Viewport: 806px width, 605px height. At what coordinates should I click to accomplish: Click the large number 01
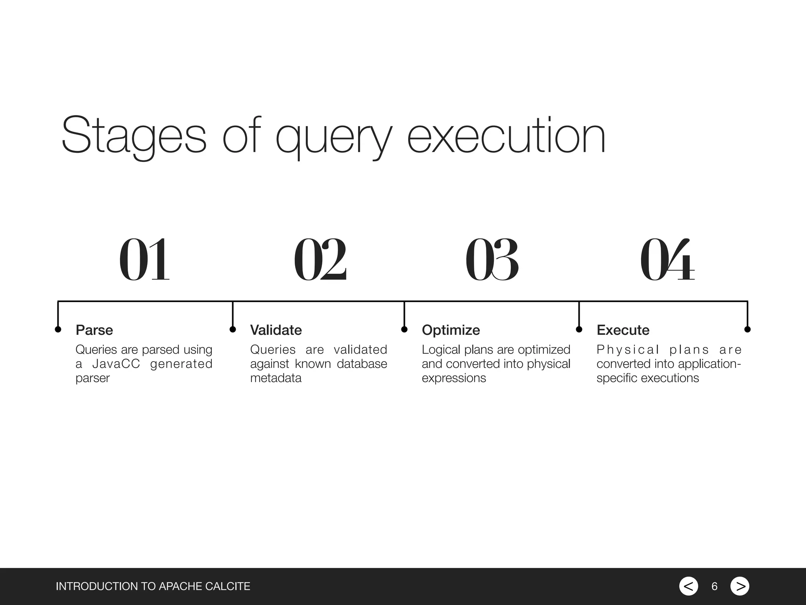tap(144, 260)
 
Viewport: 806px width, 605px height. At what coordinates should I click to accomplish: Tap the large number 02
tap(320, 260)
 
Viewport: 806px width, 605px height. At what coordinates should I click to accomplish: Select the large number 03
tap(492, 260)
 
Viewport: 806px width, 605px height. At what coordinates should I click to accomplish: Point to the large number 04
tap(667, 260)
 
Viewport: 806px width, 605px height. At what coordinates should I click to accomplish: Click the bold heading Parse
tap(94, 330)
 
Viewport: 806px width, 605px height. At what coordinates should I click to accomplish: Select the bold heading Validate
tap(276, 330)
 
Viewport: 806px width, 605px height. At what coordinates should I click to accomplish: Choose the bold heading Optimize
tap(451, 330)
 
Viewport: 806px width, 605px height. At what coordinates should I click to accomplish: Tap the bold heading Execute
tap(623, 330)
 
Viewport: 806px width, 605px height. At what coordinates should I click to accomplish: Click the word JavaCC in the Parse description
tap(116, 364)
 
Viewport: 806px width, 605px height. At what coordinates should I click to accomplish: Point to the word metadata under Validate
tap(275, 378)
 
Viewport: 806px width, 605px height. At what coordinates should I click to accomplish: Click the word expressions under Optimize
tap(454, 378)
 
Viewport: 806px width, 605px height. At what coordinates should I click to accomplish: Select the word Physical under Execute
tap(628, 350)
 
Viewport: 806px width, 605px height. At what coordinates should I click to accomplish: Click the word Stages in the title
tap(134, 136)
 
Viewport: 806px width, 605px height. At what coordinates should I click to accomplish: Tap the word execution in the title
tap(506, 136)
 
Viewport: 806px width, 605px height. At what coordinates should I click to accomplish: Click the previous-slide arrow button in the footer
tap(688, 586)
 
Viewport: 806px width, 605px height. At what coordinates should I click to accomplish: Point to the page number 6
tap(714, 586)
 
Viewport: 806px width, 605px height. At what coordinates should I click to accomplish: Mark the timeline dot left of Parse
tap(58, 329)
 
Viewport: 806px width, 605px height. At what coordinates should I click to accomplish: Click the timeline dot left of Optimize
tap(404, 329)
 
